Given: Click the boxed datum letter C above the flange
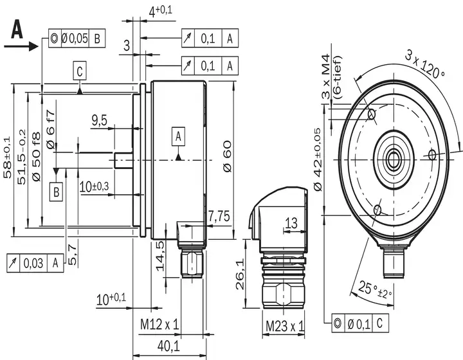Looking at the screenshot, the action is coord(80,71).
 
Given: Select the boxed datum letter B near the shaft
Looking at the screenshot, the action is coord(56,192).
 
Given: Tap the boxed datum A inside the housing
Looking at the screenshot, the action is coord(178,137).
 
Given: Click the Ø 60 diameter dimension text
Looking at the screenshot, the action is coord(228,157).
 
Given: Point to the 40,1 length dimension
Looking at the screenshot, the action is coord(168,346).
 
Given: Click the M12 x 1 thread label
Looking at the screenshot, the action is coord(159,325).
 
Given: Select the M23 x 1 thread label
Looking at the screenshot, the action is coord(285,326).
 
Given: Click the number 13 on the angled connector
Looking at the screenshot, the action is coord(291,223).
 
